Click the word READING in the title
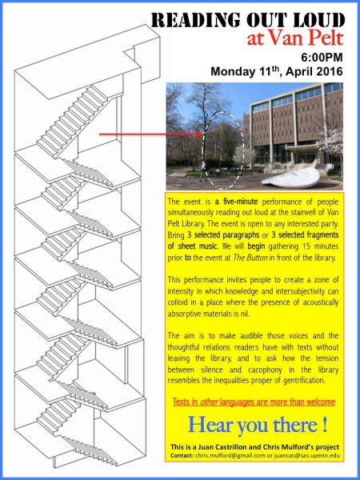[x=195, y=20]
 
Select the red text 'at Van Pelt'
[x=294, y=38]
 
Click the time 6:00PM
[x=322, y=58]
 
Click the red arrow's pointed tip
[x=202, y=134]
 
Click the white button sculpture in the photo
[x=291, y=178]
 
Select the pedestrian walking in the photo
[x=203, y=172]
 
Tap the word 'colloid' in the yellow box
[x=178, y=302]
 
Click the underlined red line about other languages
[x=254, y=402]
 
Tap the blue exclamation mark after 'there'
[x=324, y=425]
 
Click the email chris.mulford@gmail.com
[x=230, y=455]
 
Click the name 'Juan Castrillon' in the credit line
[x=220, y=447]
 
